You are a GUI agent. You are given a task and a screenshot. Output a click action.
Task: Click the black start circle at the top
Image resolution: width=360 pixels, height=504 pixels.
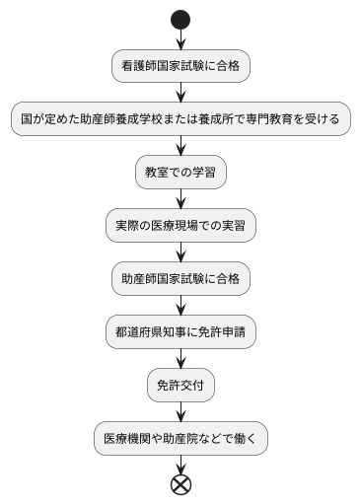click(180, 19)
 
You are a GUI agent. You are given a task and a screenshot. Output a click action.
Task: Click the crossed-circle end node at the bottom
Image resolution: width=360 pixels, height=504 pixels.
click(180, 484)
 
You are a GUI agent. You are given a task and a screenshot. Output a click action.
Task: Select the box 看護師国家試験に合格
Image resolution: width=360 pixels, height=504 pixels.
click(180, 66)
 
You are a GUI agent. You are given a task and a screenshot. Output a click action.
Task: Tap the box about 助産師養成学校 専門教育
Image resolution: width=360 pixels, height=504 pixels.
click(180, 119)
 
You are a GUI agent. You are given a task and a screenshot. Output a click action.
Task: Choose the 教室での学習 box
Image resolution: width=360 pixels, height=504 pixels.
click(180, 173)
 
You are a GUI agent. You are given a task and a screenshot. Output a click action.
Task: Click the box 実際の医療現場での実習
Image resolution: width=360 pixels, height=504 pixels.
click(180, 226)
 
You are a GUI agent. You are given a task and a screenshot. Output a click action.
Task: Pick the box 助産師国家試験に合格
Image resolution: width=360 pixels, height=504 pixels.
click(180, 279)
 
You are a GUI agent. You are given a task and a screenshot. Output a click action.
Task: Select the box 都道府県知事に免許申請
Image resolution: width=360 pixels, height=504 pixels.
click(180, 332)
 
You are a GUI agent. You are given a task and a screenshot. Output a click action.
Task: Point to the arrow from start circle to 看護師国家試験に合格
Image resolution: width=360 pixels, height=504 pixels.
click(180, 39)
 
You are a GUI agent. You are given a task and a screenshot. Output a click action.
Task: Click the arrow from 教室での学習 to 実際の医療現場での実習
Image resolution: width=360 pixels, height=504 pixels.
click(180, 199)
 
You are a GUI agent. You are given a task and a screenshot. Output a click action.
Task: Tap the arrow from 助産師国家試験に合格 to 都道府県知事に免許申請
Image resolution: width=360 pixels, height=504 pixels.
click(180, 306)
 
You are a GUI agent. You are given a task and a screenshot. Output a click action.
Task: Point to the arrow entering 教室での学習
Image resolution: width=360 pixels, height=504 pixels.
click(180, 146)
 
